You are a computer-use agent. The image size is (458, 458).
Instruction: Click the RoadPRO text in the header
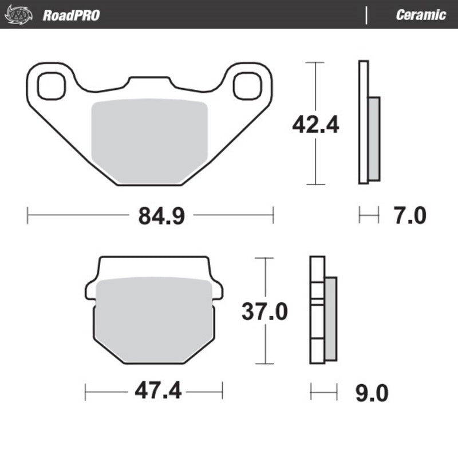coord(70,15)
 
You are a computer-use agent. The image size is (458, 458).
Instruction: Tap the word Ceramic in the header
coord(420,15)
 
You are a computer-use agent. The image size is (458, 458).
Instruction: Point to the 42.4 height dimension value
coord(315,124)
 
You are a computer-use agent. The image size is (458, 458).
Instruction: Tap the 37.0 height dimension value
coord(264,311)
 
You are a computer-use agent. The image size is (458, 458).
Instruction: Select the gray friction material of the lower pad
coord(153,321)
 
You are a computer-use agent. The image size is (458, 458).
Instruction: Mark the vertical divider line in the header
coord(366,15)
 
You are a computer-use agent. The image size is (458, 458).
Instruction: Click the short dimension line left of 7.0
coord(369,216)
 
